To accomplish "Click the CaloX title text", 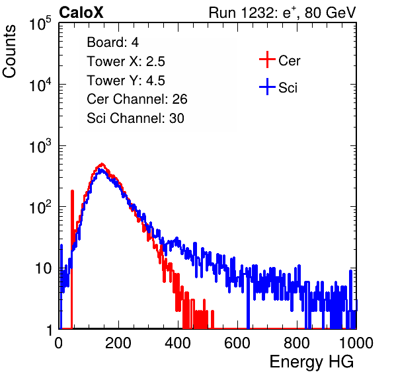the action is click(x=81, y=13).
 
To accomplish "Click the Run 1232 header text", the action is click(x=282, y=13).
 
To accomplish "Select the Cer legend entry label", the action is click(x=289, y=61).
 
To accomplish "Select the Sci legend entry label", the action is click(x=288, y=88).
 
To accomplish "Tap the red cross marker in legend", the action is click(x=267, y=59).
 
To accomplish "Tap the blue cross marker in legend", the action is click(x=267, y=87).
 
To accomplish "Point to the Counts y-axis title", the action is click(x=9, y=52).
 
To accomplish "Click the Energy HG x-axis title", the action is click(x=311, y=362).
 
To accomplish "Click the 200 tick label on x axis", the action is click(x=118, y=343).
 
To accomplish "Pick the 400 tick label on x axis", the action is click(x=178, y=343).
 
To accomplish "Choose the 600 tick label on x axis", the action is click(x=237, y=343).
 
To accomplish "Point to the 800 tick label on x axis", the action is click(x=297, y=343).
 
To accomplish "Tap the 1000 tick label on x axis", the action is click(x=356, y=343).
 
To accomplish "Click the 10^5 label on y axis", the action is click(x=40, y=24).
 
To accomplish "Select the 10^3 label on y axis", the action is click(x=40, y=146).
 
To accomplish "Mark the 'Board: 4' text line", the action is click(x=113, y=42).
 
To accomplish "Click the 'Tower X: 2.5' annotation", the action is click(x=126, y=61).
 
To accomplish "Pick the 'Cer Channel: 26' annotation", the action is click(x=138, y=99).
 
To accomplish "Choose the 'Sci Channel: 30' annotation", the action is click(x=136, y=118).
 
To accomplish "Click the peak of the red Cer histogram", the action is click(x=102, y=164).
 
